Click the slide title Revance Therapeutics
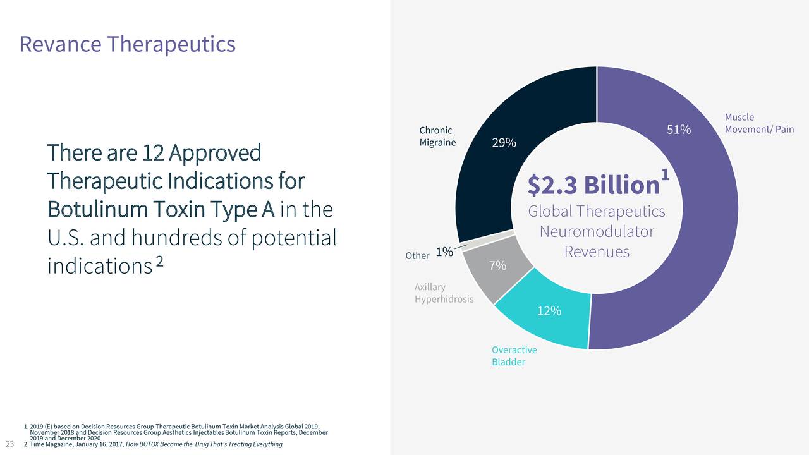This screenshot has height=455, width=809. (x=127, y=44)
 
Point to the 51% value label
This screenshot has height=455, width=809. (x=679, y=130)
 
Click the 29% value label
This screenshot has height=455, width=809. (x=504, y=143)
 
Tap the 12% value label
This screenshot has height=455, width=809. (x=549, y=311)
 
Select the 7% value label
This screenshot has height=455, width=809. (x=497, y=266)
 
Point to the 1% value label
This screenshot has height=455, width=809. (x=444, y=252)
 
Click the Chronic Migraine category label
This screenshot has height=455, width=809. (x=437, y=136)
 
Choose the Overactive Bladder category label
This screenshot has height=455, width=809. (x=514, y=356)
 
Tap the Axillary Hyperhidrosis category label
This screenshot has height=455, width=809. (x=444, y=293)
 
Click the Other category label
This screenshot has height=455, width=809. (x=417, y=256)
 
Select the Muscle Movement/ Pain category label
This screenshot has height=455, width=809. (x=758, y=123)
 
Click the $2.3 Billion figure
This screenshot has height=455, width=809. (x=593, y=185)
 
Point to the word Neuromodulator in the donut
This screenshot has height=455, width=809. (x=597, y=232)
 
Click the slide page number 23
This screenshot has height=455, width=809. (x=9, y=443)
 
